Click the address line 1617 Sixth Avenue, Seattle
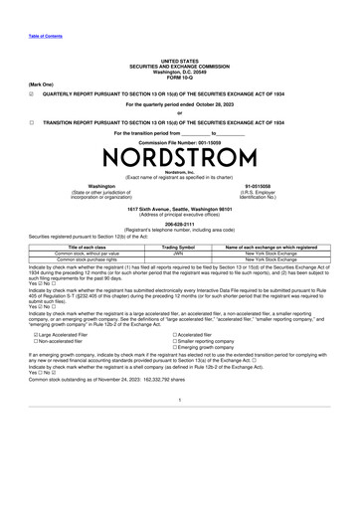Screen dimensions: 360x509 179,209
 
